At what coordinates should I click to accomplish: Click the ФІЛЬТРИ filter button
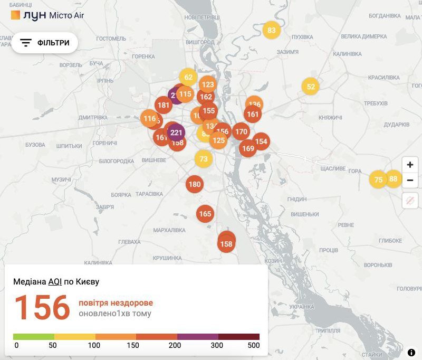coord(45,43)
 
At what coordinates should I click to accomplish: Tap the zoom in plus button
coord(410,165)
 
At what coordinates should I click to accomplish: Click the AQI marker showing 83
coord(272,30)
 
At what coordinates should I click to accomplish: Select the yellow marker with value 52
coord(311,87)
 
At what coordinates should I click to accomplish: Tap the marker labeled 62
coord(188,77)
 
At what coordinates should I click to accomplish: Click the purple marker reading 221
coord(176,132)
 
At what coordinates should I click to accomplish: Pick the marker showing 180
coord(195,184)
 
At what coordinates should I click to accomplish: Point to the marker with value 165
coord(205,214)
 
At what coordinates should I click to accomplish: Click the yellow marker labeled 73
coord(204,159)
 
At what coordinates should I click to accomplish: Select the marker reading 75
coord(378,179)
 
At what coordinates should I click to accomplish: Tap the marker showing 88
coord(394,179)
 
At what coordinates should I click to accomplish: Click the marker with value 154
coord(261,141)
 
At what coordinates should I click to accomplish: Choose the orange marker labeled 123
coord(208,84)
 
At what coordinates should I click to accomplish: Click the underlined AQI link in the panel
coord(55,282)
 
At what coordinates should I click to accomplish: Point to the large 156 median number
coord(42,308)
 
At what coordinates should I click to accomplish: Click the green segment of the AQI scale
coord(34,336)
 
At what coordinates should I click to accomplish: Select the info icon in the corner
coord(411,352)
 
